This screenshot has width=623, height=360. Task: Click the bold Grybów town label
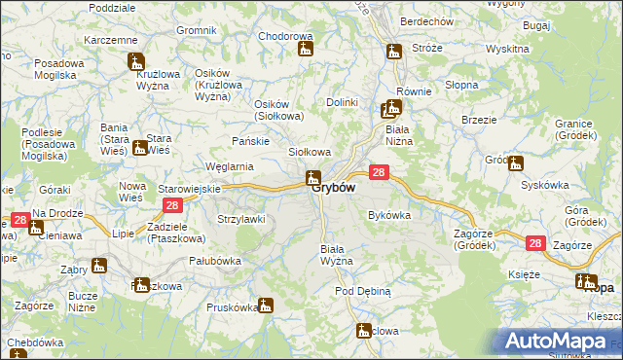pos(333,189)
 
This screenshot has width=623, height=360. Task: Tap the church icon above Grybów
pos(312,177)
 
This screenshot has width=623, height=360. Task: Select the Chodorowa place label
pos(283,36)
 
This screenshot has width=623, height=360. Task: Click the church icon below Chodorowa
pos(305,48)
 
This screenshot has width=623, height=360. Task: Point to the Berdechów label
pos(427,21)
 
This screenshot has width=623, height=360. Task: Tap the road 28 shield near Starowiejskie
pos(171,205)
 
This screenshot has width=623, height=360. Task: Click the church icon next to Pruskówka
pos(267,306)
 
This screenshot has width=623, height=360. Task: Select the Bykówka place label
pos(388,215)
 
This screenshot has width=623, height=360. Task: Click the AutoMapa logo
pos(559,342)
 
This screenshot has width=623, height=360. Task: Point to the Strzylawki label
pos(241,219)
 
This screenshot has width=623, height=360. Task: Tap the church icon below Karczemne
pos(136,61)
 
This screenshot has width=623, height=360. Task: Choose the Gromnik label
pos(197,30)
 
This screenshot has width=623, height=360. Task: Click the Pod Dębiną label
pos(363,291)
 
